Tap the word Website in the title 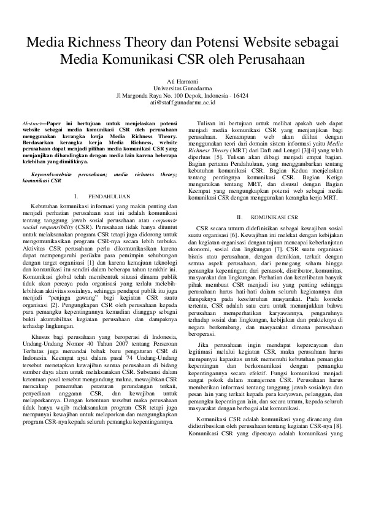pyautogui.click(x=273, y=42)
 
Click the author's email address pyautogui.click(x=182, y=103)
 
